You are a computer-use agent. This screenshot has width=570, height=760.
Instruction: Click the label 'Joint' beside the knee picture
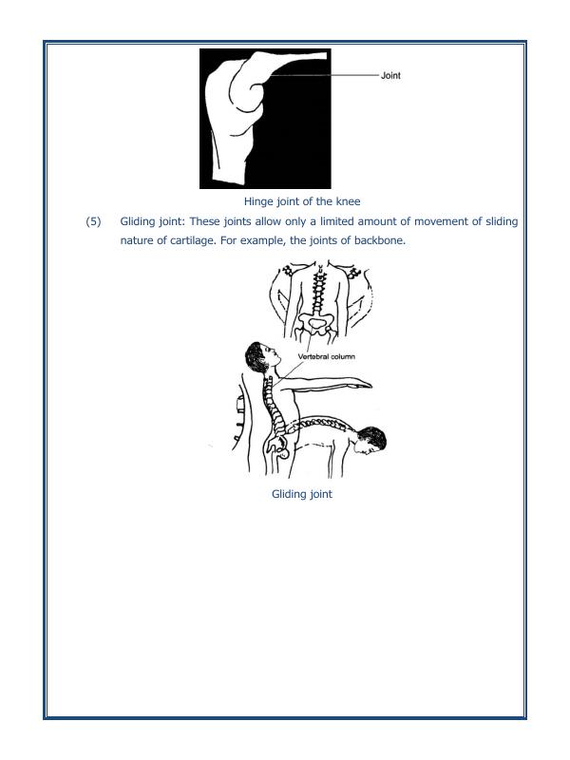coord(390,76)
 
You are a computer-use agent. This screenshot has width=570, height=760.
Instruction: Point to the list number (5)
coord(93,221)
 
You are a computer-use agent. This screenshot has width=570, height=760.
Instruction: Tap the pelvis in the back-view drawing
coord(313,327)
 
